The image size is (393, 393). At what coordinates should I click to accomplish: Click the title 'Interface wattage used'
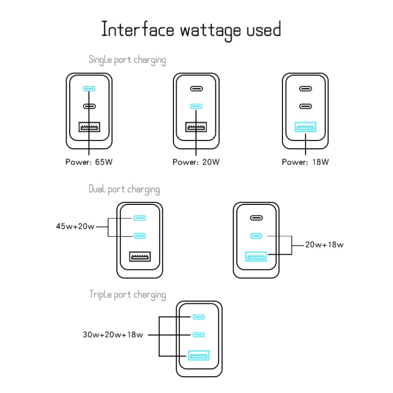191,30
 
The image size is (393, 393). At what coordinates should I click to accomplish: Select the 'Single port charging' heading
127,60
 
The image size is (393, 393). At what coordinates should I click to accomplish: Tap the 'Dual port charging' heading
124,189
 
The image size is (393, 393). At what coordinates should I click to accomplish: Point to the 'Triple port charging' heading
127,294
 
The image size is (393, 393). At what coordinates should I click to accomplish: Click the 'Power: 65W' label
89,162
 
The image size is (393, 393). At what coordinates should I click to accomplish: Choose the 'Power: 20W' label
196,162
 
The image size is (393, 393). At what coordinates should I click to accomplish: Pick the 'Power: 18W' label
305,162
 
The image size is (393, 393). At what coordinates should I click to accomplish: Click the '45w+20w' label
75,227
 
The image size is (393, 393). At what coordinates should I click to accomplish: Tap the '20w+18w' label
325,244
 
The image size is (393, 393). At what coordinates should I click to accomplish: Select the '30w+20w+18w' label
113,334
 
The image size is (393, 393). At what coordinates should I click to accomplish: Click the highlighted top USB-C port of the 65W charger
90,89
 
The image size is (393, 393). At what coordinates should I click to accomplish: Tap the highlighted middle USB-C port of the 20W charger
196,106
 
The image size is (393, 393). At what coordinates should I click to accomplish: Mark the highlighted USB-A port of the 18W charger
305,127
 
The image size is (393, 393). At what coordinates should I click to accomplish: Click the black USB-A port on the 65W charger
90,127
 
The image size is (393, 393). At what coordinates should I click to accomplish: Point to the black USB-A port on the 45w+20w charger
140,257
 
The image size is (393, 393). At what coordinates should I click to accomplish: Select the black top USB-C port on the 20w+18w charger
256,218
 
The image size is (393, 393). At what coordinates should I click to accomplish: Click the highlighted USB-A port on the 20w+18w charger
256,257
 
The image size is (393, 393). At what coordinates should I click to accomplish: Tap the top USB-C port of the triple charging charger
199,318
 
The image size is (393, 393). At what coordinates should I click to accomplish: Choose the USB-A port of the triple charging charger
199,356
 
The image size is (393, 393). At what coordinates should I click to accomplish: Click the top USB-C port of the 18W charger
305,89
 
